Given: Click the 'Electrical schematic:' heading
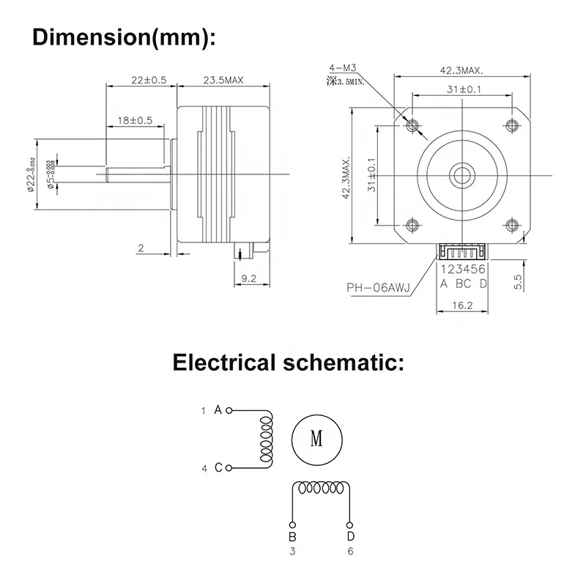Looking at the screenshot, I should pyautogui.click(x=288, y=362).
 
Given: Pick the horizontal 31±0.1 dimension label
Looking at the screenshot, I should pyautogui.click(x=463, y=89).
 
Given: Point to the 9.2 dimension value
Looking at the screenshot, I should pyautogui.click(x=249, y=278).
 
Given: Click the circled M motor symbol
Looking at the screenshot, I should pyautogui.click(x=316, y=439).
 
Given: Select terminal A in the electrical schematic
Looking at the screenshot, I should pyautogui.click(x=218, y=410).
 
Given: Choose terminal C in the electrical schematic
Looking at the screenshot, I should pyautogui.click(x=218, y=467).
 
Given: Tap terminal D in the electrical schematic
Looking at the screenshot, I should pyautogui.click(x=350, y=537).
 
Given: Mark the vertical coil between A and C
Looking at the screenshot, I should pyautogui.click(x=265, y=438).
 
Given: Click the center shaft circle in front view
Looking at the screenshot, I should pyautogui.click(x=462, y=174).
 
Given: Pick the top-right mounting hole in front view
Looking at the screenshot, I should pyautogui.click(x=512, y=125).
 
